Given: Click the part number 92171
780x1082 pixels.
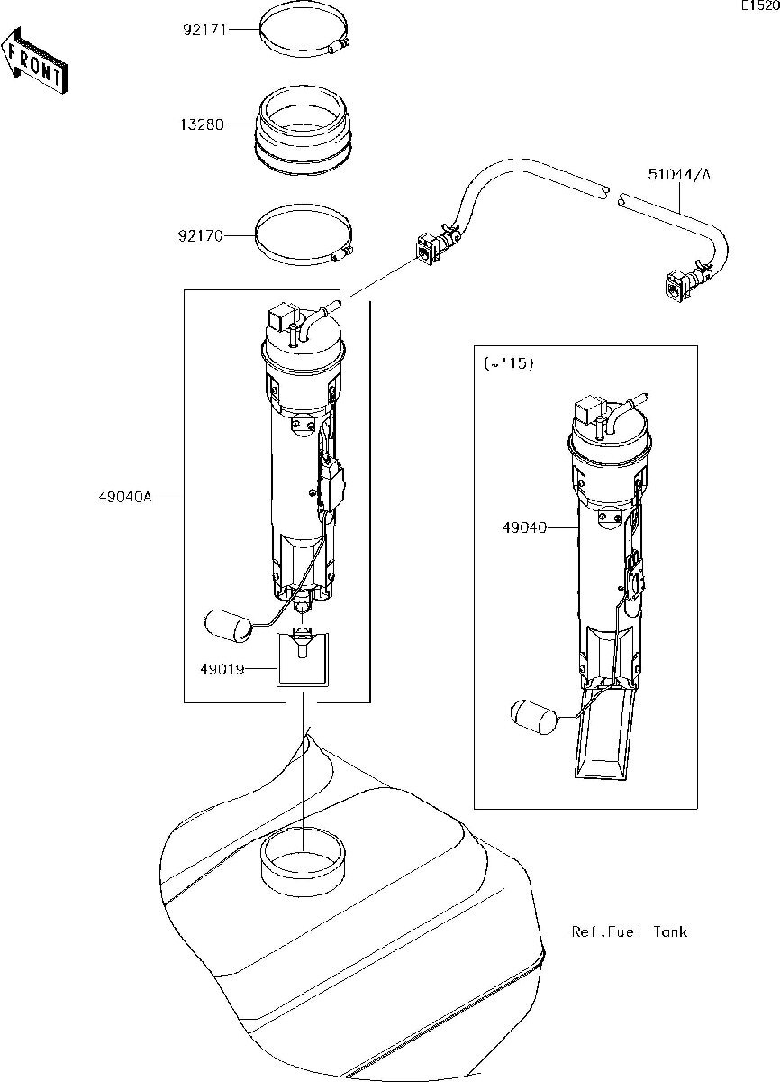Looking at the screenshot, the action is click(x=204, y=30).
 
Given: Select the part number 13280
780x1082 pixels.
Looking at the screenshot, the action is click(x=202, y=124).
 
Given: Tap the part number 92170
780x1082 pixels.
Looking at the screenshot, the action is click(x=201, y=236).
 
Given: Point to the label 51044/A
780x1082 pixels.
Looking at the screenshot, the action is click(x=679, y=174).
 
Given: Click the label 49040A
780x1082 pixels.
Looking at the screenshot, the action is click(x=125, y=497).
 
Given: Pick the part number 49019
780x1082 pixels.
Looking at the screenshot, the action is click(x=222, y=669).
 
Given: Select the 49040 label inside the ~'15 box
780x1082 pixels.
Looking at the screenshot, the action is click(x=525, y=527).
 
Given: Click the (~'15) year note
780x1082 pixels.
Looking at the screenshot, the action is click(x=509, y=363).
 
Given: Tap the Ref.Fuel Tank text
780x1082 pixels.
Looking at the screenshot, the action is click(x=629, y=931).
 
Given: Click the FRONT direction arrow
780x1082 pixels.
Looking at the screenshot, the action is click(x=35, y=60).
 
